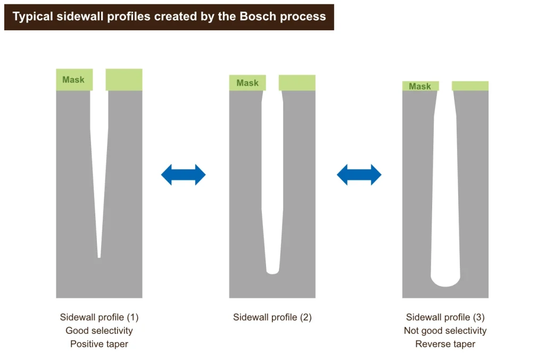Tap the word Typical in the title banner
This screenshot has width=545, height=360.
click(x=33, y=16)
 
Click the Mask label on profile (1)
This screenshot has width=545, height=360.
click(x=73, y=80)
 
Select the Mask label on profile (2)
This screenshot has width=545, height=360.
click(x=247, y=83)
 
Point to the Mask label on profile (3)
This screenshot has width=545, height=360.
click(x=420, y=86)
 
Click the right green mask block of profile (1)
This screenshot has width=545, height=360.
click(x=124, y=80)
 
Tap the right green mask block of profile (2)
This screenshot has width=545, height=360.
click(x=297, y=83)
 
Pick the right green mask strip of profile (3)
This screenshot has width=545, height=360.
click(x=470, y=86)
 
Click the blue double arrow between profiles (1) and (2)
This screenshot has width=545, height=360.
click(x=183, y=175)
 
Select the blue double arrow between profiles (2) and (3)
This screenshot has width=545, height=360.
click(x=359, y=175)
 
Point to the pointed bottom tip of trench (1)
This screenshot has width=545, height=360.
click(x=99, y=255)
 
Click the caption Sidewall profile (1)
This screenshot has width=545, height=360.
click(x=99, y=317)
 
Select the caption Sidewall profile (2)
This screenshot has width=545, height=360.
click(x=272, y=317)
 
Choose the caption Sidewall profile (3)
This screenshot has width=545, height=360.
click(x=445, y=317)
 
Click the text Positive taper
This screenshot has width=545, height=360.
click(x=99, y=344)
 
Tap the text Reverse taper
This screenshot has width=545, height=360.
click(x=445, y=344)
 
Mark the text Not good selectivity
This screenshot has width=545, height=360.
click(x=445, y=331)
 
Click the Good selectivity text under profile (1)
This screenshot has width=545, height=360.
click(x=99, y=331)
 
